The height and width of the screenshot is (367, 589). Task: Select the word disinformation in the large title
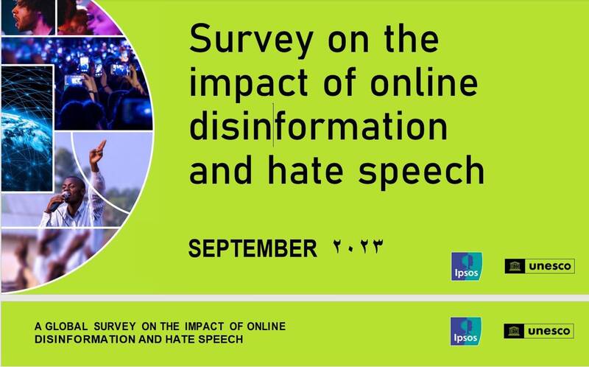point(318,126)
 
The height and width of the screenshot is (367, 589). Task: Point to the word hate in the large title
point(306,170)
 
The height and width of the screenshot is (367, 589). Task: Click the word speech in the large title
point(421,172)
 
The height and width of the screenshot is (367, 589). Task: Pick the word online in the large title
point(424,83)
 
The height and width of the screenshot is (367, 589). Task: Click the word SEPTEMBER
point(253,248)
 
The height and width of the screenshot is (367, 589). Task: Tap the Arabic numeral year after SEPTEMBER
point(358,247)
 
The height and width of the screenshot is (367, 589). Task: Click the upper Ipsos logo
point(467,266)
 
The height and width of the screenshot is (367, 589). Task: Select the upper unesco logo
point(540,266)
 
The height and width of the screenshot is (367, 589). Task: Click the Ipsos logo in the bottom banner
point(466,332)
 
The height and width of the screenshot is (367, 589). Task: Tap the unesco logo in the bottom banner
point(539,331)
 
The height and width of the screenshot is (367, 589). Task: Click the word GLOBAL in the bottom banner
point(66,326)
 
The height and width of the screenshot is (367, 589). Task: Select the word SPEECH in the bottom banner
point(220,339)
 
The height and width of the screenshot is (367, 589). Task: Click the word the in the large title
point(412,38)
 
